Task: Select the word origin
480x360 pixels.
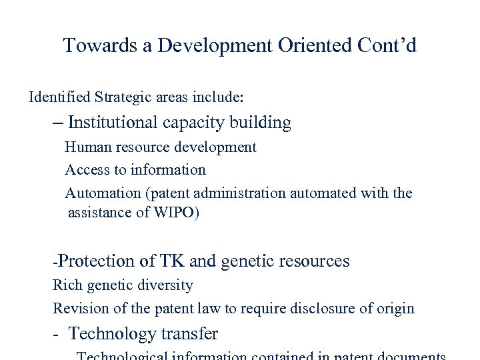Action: [395, 309]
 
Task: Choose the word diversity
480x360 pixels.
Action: [164, 285]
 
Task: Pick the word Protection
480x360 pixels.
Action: [95, 261]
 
